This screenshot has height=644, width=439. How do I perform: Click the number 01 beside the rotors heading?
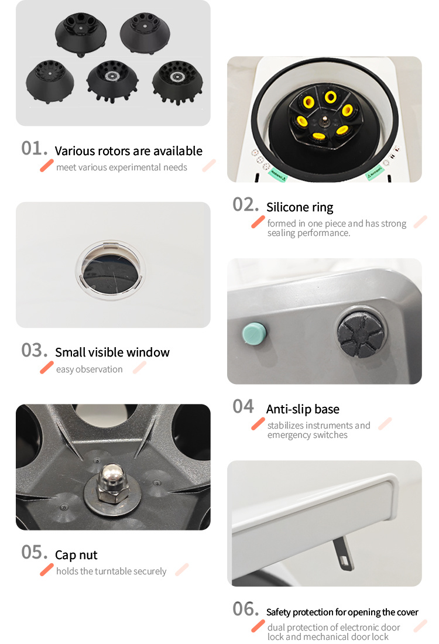click(x=35, y=149)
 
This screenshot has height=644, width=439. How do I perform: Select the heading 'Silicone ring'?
click(x=300, y=207)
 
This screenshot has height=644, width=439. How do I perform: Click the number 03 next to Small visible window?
click(x=35, y=350)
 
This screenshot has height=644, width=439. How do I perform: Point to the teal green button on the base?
click(x=254, y=334)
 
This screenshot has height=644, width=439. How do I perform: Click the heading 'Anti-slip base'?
click(x=303, y=409)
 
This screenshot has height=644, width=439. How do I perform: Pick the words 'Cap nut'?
click(x=76, y=555)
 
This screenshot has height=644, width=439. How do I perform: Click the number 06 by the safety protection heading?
click(x=246, y=609)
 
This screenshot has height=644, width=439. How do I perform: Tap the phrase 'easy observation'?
click(x=89, y=369)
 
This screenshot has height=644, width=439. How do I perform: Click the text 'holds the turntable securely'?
click(x=111, y=571)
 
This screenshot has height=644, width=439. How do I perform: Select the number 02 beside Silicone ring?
click(x=246, y=204)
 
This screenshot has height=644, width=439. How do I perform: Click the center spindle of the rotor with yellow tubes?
click(x=325, y=120)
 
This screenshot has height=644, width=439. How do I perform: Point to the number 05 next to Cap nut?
click(x=35, y=553)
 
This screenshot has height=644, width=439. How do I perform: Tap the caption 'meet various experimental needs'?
click(x=122, y=167)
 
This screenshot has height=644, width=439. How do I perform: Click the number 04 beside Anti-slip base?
click(x=243, y=407)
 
